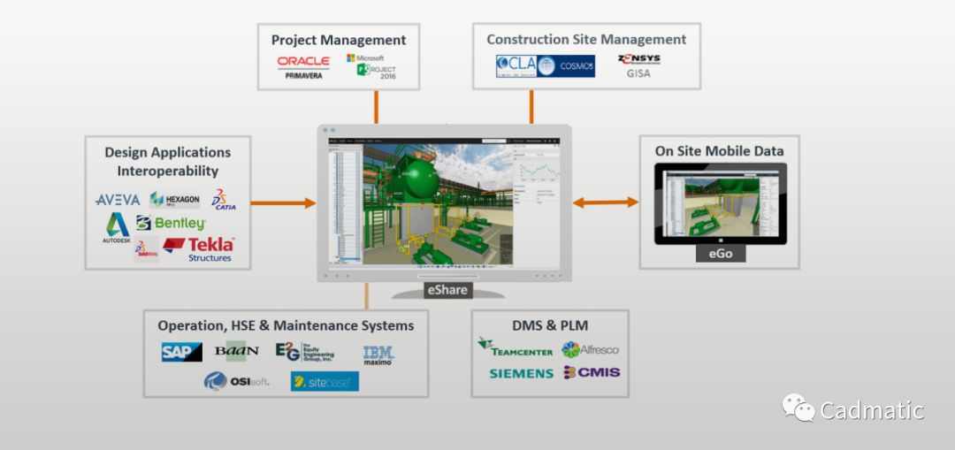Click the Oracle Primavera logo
(x=303, y=67)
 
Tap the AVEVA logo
(x=118, y=200)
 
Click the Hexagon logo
(x=174, y=199)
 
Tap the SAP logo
(x=181, y=352)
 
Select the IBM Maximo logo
(x=378, y=355)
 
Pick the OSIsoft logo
(x=236, y=381)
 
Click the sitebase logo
(x=325, y=381)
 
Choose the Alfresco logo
(x=591, y=349)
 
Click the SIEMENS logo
(x=521, y=373)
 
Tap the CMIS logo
(x=592, y=372)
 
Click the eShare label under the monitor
(x=447, y=289)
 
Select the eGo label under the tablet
(x=720, y=254)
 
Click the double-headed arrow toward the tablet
(x=605, y=202)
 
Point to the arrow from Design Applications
(x=283, y=203)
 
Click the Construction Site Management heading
(x=586, y=40)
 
